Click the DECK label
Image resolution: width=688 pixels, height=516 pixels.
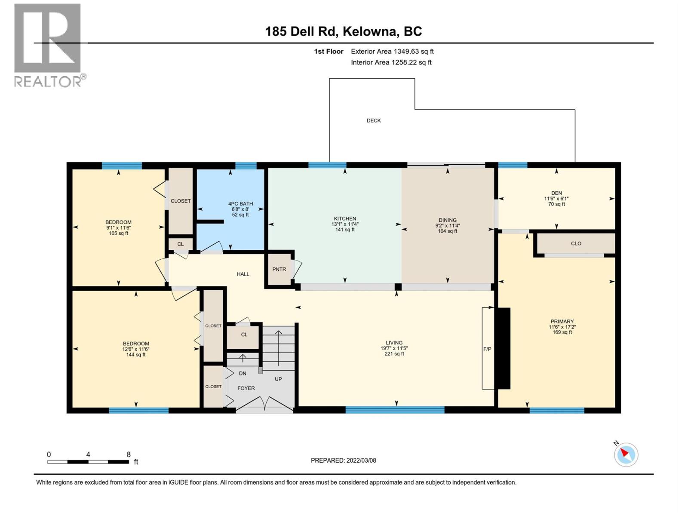[374, 121]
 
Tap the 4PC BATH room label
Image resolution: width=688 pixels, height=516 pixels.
[240, 204]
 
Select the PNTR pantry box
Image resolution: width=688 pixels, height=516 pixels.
[279, 270]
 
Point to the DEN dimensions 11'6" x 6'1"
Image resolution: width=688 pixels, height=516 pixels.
[556, 199]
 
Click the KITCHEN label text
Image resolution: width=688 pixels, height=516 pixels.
[345, 219]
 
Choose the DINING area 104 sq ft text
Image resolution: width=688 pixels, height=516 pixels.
[448, 231]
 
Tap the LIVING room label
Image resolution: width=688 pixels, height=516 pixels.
[394, 343]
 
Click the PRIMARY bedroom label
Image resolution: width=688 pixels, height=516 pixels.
[562, 322]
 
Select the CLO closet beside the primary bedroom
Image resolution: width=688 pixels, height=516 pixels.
[576, 244]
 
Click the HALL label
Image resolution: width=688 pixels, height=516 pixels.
[243, 274]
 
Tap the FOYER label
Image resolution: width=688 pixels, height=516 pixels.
[246, 388]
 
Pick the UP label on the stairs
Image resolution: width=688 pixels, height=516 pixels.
[278, 379]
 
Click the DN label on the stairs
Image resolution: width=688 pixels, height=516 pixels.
[243, 374]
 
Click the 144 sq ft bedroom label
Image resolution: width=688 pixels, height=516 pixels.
[136, 355]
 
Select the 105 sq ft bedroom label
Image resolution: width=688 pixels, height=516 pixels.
[118, 233]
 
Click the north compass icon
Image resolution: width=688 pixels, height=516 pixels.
[626, 455]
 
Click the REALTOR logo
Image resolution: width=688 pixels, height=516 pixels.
[48, 45]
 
